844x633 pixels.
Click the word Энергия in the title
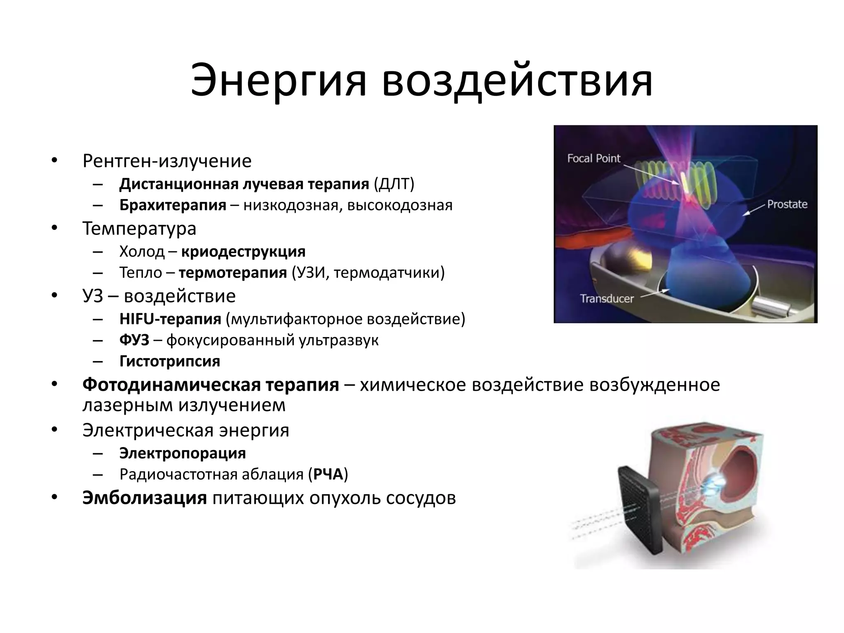point(278,81)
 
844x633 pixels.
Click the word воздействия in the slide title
point(517,81)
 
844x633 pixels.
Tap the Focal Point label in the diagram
point(593,159)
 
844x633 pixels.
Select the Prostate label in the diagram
point(787,204)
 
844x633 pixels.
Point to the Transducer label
point(607,298)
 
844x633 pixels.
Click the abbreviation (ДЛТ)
point(394,184)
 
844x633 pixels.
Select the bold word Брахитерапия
point(173,205)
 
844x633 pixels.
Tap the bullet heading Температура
point(139,228)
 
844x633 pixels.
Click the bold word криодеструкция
point(243,251)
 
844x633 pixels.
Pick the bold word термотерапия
point(233,272)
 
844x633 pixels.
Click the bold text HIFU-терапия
point(170,319)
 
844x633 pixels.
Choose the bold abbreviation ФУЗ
point(134,340)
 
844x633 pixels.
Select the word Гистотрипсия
point(170,361)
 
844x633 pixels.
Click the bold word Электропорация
point(183,453)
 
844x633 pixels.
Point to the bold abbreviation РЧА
point(328,474)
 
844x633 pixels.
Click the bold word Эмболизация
point(144,498)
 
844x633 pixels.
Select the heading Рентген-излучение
point(167,161)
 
